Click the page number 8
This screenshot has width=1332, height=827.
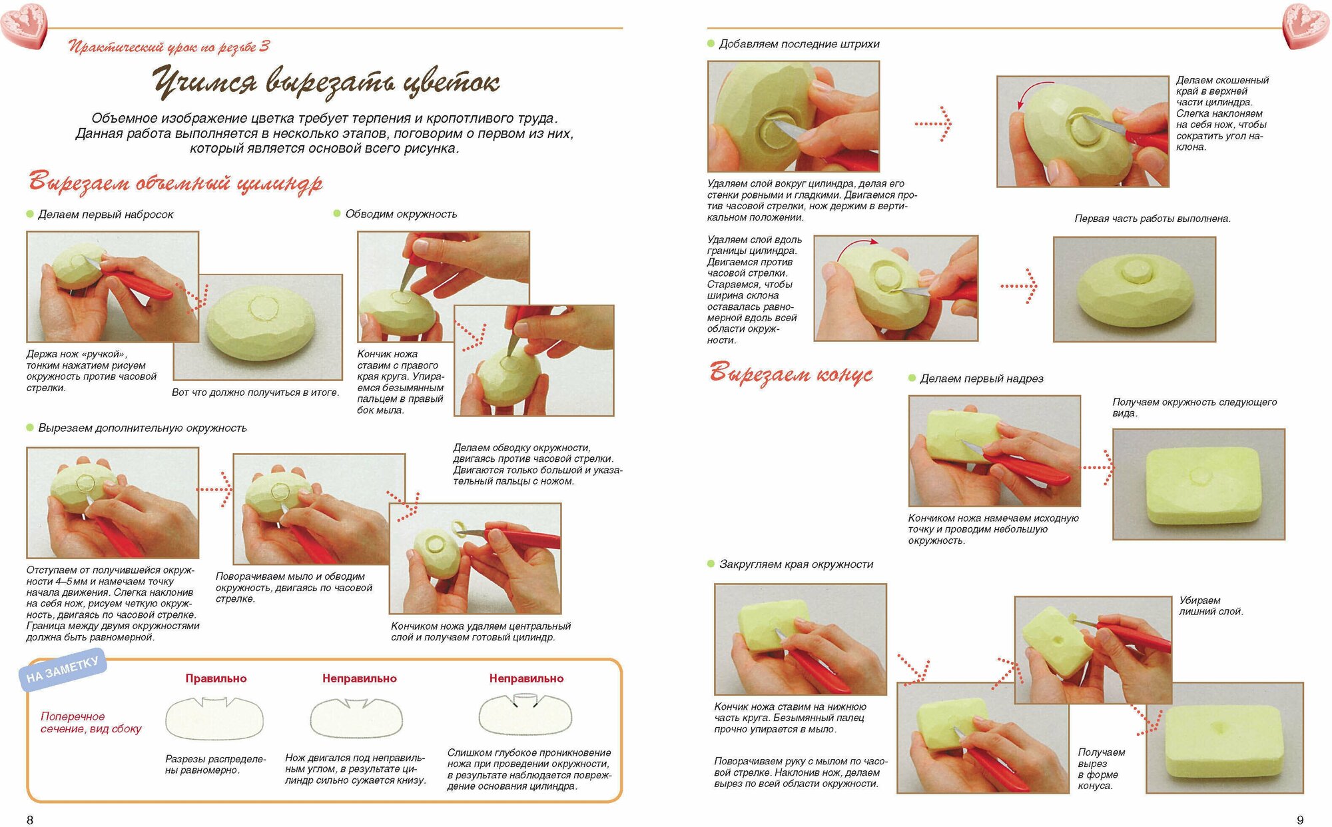(x=29, y=819)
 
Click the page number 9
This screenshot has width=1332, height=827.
(x=1300, y=819)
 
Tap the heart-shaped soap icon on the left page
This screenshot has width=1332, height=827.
(x=24, y=25)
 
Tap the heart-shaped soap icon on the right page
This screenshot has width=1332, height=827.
(x=1306, y=25)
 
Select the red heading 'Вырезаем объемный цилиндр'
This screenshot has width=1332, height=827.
(x=175, y=182)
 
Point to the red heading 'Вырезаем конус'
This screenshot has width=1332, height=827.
(x=791, y=373)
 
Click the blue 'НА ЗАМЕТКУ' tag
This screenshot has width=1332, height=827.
(x=63, y=670)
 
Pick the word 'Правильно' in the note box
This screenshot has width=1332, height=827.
(x=216, y=678)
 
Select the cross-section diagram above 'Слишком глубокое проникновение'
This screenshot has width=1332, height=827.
(x=525, y=714)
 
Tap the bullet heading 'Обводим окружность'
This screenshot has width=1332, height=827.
(x=401, y=214)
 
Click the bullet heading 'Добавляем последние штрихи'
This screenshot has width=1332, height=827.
(x=799, y=44)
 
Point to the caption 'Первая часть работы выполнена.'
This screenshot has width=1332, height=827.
(x=1152, y=219)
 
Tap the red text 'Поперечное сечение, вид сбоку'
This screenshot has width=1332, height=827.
(x=91, y=722)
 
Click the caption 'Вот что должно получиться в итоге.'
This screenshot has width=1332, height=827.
(x=256, y=393)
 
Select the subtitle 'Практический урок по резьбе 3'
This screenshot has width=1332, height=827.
(x=169, y=47)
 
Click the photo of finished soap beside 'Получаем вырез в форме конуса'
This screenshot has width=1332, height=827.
(x=1224, y=738)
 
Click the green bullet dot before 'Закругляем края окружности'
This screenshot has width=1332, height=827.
(x=711, y=564)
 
